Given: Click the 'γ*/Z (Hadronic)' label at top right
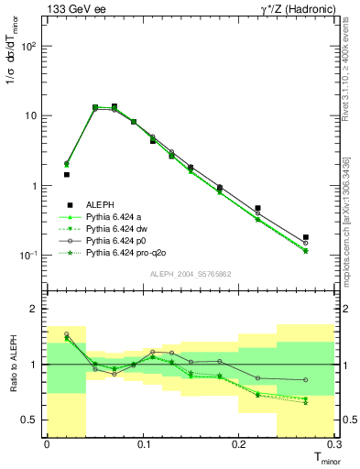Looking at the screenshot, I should [300, 9].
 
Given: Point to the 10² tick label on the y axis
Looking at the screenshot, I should [30, 46].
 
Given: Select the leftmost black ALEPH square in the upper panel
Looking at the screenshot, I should [66, 174].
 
